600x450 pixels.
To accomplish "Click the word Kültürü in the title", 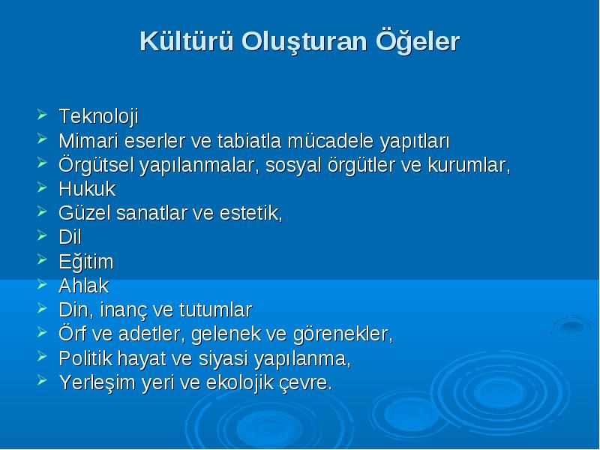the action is [x=187, y=40].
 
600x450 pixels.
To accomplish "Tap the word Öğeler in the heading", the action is [x=418, y=41].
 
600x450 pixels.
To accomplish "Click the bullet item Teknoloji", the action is [x=98, y=116].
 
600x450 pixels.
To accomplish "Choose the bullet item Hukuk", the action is [x=87, y=189].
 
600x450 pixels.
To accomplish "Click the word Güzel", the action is [x=84, y=213].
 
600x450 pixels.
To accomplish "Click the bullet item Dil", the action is [x=70, y=237].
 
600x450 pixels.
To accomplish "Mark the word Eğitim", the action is [x=86, y=262].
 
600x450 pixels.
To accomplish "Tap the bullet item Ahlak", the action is [x=84, y=286].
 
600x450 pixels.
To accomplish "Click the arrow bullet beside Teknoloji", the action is [x=42, y=115].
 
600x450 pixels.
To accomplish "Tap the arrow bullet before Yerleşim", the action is [x=42, y=380].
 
